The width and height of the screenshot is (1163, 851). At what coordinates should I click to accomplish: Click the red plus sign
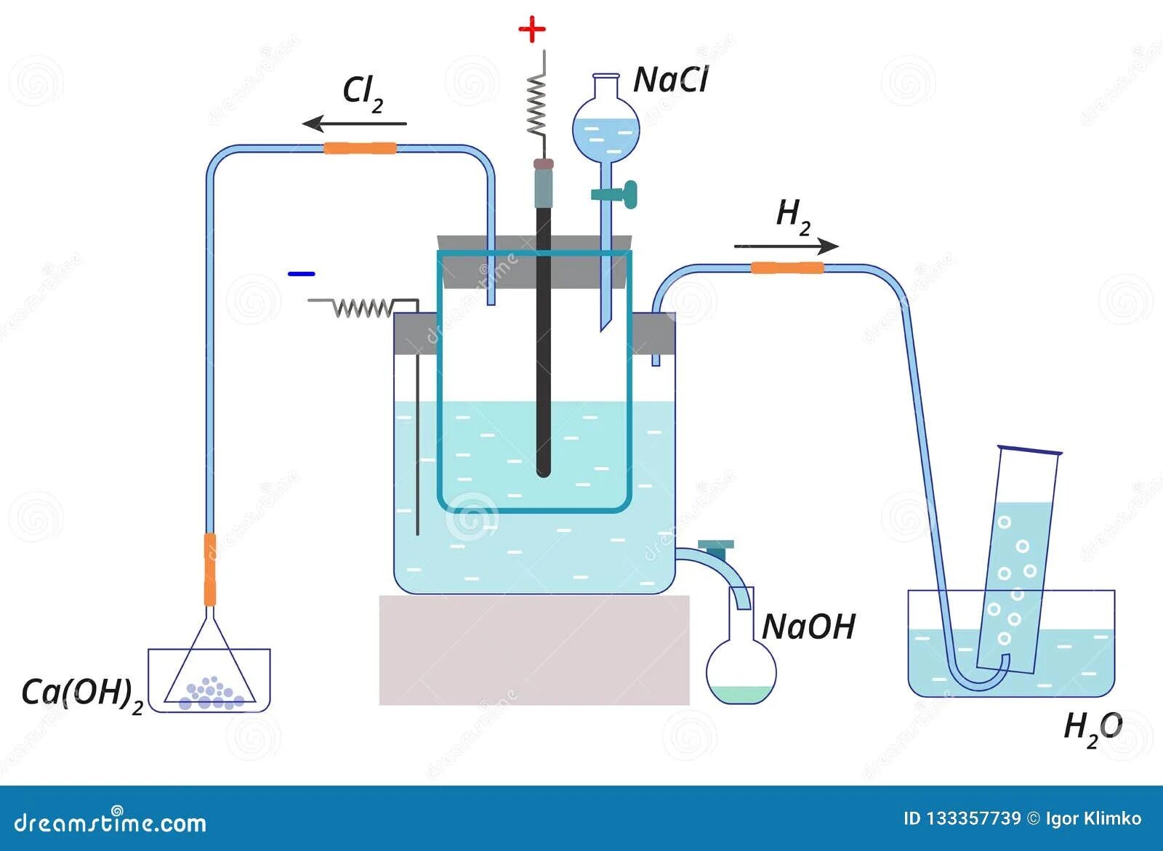tap(531, 31)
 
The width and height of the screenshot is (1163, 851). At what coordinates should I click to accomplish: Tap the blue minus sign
tap(301, 274)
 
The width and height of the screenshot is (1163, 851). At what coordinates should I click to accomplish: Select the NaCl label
tap(670, 80)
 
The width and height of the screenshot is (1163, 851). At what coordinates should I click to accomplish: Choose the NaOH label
tap(809, 626)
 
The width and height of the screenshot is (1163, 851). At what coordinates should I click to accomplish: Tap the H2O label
tap(1092, 727)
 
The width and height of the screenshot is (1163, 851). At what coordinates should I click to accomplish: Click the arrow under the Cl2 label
tap(355, 124)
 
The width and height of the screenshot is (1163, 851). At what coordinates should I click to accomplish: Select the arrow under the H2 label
tap(786, 246)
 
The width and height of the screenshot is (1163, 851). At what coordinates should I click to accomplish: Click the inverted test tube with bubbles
tap(1018, 560)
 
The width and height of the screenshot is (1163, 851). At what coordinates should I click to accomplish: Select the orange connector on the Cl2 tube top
tap(360, 148)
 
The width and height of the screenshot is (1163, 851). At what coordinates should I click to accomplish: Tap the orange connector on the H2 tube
tap(786, 267)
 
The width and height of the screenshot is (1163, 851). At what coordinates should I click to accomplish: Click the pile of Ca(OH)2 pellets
tap(212, 693)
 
